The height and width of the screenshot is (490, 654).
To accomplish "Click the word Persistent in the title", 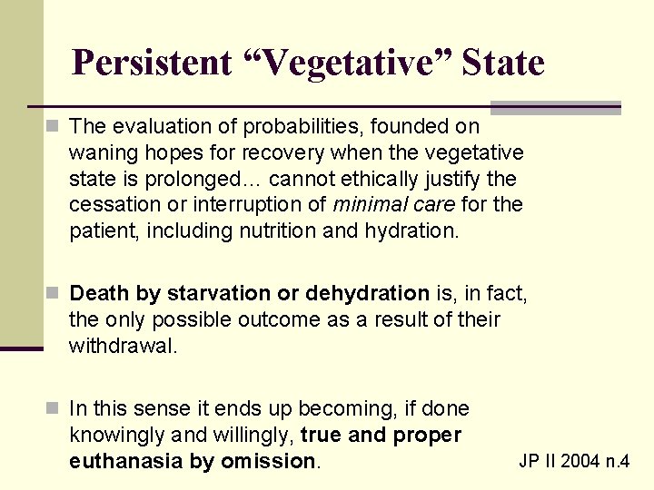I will [x=152, y=63].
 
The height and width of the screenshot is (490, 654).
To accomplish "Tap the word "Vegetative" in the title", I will [x=346, y=63].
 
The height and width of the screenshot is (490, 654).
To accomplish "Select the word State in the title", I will [x=502, y=63].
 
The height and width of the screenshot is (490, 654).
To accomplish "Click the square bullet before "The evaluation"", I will [x=55, y=125].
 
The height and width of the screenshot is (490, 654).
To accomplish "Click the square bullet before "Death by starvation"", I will [x=55, y=294].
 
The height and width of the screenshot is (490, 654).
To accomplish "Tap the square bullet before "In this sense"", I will [x=55, y=409].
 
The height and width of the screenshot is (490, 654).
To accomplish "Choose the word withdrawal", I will [x=123, y=346].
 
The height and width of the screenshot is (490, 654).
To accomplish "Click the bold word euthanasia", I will [x=126, y=461].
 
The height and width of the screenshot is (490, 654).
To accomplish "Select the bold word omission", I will [x=276, y=461].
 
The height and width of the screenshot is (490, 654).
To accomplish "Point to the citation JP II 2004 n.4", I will [x=574, y=461].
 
